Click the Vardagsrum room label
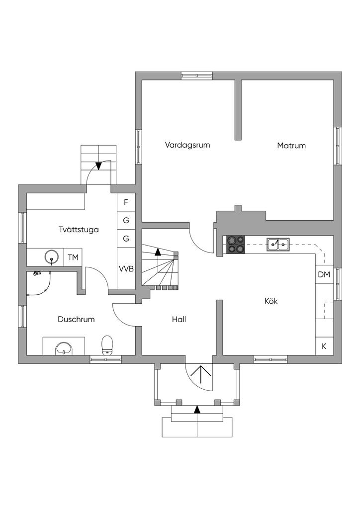[187, 145]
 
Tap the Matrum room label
[291, 146]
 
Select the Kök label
[270, 301]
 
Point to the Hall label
[179, 320]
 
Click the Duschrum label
[76, 320]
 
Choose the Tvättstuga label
[79, 230]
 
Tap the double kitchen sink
[278, 245]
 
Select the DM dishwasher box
[324, 274]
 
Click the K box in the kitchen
[324, 346]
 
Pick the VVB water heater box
[126, 269]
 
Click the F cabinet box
[126, 202]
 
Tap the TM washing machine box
[73, 257]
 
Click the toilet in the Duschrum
[107, 345]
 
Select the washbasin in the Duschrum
[64, 348]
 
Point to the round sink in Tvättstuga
[51, 257]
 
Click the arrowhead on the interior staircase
[158, 251]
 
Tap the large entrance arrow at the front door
[200, 374]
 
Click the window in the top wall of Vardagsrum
[197, 76]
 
